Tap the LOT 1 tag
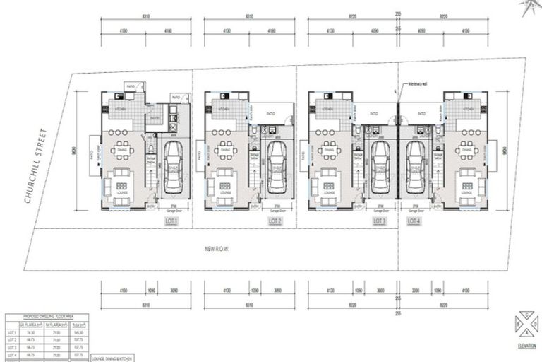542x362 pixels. point(171,221)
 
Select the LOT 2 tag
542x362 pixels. point(275,221)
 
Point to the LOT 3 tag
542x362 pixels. point(379,221)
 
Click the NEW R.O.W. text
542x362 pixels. point(218,249)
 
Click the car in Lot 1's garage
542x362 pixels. point(172,165)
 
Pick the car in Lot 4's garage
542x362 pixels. point(416,160)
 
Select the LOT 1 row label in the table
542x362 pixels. point(12,332)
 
